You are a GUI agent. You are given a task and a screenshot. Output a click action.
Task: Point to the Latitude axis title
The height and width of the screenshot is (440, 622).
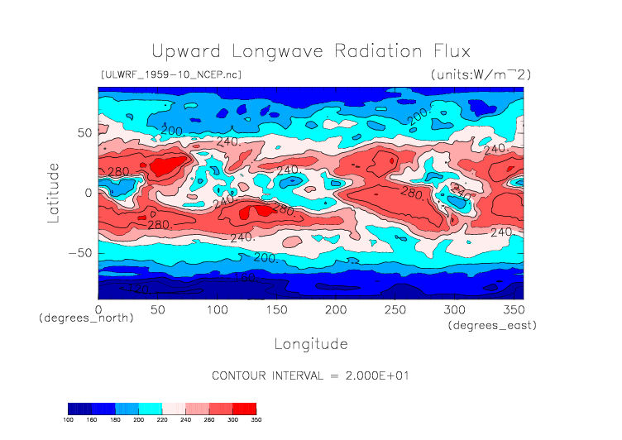point(54,192)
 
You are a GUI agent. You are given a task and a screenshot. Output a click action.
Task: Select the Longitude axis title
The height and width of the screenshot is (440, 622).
point(310,343)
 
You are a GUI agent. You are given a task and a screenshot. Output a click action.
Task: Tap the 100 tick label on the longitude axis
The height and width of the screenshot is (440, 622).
point(217,309)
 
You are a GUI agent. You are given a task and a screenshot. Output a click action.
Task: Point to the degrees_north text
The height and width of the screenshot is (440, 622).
point(86,318)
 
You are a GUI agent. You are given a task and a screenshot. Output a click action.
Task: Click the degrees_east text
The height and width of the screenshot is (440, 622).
point(493,326)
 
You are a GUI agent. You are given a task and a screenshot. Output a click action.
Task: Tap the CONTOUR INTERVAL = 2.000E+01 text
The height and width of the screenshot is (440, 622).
point(310,375)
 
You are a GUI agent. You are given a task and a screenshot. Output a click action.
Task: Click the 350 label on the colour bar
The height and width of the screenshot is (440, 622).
point(256,420)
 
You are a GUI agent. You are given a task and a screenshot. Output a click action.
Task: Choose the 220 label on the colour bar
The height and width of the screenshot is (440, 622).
point(162,420)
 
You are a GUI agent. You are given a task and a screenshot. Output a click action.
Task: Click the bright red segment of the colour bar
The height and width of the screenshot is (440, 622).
point(244,409)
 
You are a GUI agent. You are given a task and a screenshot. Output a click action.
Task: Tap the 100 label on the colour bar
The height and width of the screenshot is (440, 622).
point(68,420)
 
